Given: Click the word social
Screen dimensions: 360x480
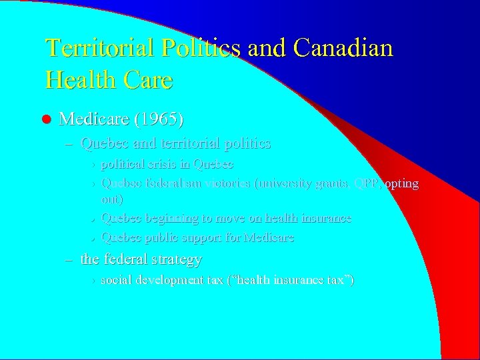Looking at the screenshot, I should tap(115, 279).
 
